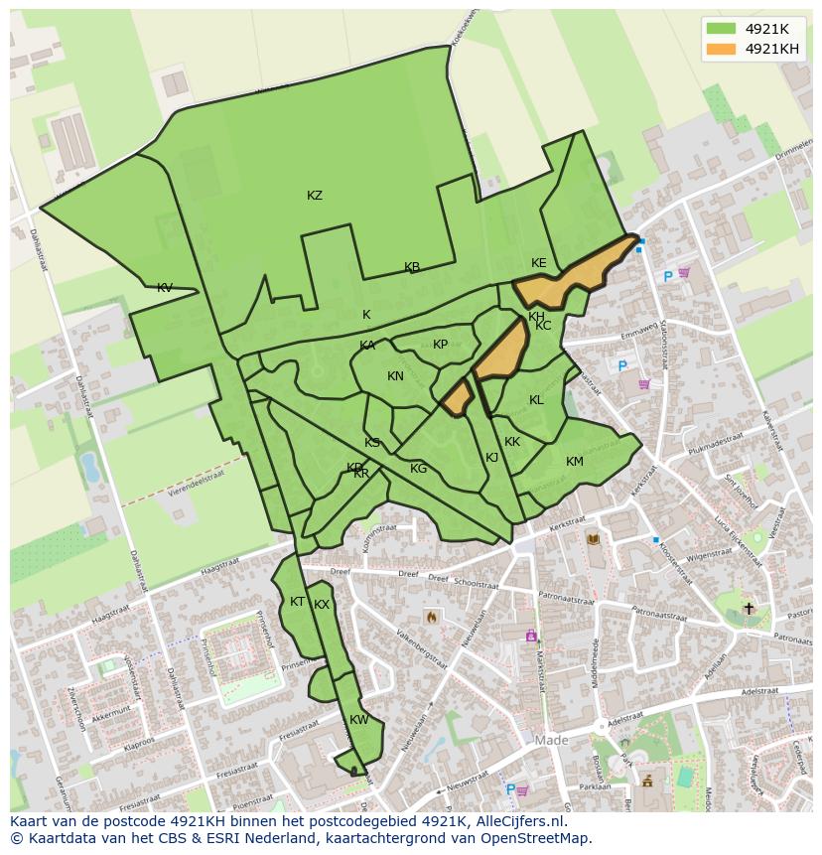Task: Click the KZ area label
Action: [x=315, y=196]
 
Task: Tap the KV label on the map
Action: [x=165, y=288]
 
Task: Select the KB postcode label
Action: [x=412, y=267]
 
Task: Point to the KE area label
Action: [x=539, y=263]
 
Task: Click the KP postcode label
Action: [x=441, y=345]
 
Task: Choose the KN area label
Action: [x=395, y=376]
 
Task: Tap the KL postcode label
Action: [x=536, y=400]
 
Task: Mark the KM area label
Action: [x=575, y=462]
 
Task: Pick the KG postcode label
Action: [x=419, y=469]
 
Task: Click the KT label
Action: [x=297, y=602]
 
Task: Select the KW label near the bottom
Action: [x=359, y=720]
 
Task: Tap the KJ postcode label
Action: [x=491, y=458]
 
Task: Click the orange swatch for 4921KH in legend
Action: [x=721, y=49]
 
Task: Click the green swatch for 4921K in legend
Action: [x=721, y=29]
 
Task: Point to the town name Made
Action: [x=551, y=741]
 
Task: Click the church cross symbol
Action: [x=749, y=608]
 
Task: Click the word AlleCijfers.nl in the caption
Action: [x=520, y=821]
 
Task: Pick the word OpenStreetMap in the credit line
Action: [x=538, y=838]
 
